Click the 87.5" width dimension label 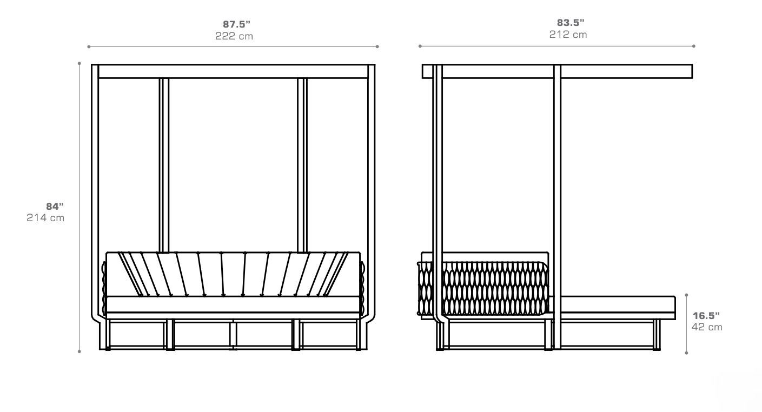click(x=237, y=24)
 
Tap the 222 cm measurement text click(x=234, y=37)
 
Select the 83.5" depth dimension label click(x=571, y=23)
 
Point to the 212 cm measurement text click(x=568, y=35)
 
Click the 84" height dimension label click(x=55, y=206)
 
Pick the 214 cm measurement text click(x=45, y=218)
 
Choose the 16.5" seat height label click(x=706, y=315)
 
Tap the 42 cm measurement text click(x=706, y=327)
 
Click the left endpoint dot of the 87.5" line click(x=89, y=47)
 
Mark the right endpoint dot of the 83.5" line click(x=694, y=46)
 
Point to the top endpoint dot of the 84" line click(x=79, y=63)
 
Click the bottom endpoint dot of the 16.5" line click(x=686, y=353)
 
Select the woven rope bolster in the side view click(x=492, y=288)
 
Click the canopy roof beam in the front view click(x=233, y=71)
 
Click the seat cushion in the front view click(x=233, y=304)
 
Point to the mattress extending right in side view click(x=617, y=307)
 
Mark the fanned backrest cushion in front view click(x=233, y=274)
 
